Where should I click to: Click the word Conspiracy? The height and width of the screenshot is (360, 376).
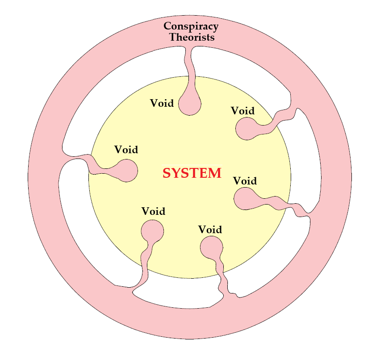point(191,26)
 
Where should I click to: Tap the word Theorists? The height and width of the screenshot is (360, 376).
point(192,37)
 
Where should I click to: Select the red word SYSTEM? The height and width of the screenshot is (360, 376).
point(192,173)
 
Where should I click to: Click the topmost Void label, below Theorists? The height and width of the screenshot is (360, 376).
point(162,103)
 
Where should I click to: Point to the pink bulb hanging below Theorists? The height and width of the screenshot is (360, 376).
point(189,105)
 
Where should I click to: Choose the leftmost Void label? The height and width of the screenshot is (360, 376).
point(126,150)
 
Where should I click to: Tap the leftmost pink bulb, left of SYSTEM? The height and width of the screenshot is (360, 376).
point(126,170)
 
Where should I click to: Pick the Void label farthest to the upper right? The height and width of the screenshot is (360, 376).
point(242,111)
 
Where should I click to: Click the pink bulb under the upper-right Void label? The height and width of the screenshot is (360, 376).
point(246,129)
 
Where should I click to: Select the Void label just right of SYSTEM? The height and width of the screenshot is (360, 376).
point(245,181)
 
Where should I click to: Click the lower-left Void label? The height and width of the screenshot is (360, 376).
point(153,211)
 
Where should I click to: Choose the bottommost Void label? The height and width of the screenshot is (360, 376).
point(210,230)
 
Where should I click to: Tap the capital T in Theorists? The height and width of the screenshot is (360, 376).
point(173,37)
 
